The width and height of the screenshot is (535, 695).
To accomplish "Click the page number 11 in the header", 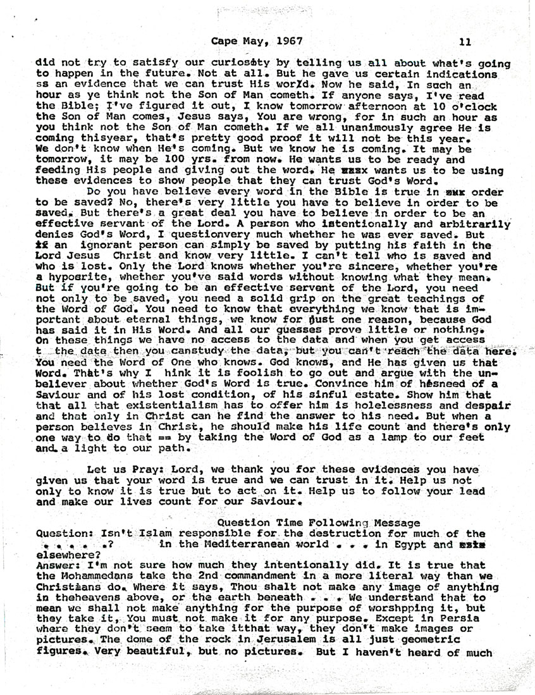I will click(x=465, y=42).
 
